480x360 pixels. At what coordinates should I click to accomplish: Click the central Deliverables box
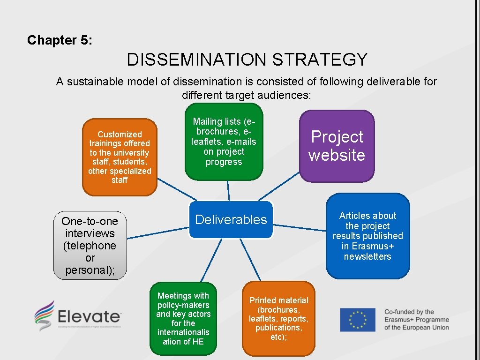231,220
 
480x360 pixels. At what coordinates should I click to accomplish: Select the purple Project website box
337,146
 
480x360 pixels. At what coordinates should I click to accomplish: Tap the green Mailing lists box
224,142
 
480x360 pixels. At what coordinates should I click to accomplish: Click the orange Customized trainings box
120,157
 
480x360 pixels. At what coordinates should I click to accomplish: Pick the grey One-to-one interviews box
90,246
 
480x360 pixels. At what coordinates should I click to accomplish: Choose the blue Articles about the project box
367,236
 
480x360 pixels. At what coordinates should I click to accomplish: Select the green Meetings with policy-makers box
183,319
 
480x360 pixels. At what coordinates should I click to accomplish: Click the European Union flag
358,320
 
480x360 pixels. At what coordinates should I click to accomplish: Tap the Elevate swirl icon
44,315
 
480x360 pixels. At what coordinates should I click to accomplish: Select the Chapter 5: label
60,40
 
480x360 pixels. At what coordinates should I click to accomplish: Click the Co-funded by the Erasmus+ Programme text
416,320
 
